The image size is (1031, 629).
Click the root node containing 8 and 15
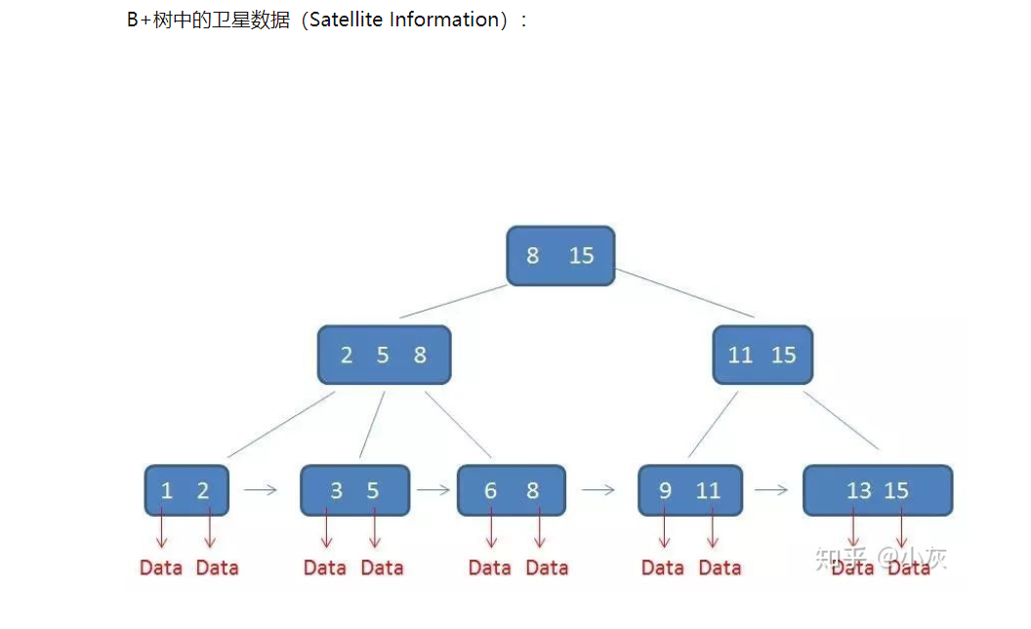pyautogui.click(x=560, y=256)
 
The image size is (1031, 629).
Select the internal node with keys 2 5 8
pyautogui.click(x=384, y=355)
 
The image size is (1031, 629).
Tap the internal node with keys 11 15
pyautogui.click(x=763, y=355)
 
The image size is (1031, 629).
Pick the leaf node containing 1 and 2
pyautogui.click(x=186, y=490)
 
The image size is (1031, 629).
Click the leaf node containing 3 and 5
pyautogui.click(x=354, y=490)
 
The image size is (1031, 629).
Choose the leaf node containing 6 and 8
pyautogui.click(x=511, y=490)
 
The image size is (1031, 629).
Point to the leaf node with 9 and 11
pyautogui.click(x=689, y=490)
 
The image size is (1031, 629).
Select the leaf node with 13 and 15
pyautogui.click(x=877, y=490)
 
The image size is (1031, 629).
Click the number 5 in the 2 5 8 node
pyautogui.click(x=383, y=356)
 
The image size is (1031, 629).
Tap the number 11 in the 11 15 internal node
pyautogui.click(x=741, y=356)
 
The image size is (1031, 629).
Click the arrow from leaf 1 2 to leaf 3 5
pyautogui.click(x=261, y=490)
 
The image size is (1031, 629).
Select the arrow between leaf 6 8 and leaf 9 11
pyautogui.click(x=598, y=490)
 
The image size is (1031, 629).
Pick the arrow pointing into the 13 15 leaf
pyautogui.click(x=771, y=490)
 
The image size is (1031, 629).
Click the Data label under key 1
pyautogui.click(x=161, y=567)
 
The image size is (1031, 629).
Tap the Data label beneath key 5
pyautogui.click(x=382, y=567)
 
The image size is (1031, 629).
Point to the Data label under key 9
pyautogui.click(x=663, y=567)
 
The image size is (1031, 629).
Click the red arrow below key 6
pyautogui.click(x=491, y=529)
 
